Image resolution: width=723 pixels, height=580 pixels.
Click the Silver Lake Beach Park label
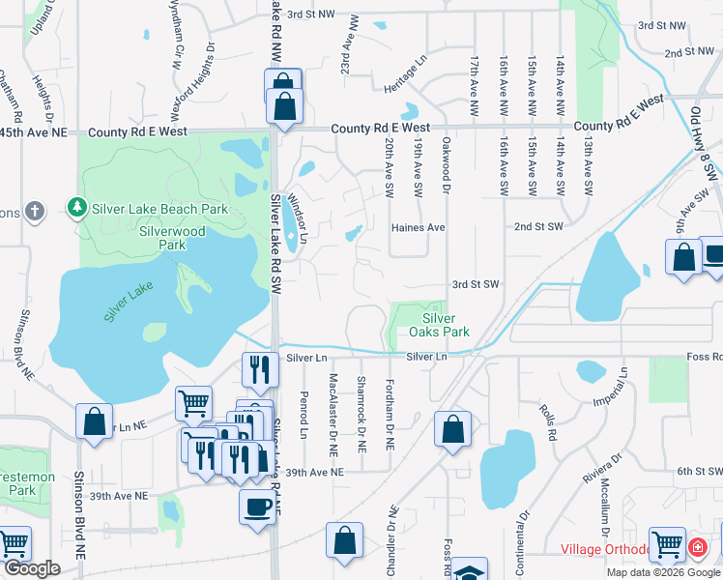pos(159,209)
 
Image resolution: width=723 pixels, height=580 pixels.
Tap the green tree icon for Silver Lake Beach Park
pos(75,208)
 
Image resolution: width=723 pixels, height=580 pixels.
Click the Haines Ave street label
pos(418,228)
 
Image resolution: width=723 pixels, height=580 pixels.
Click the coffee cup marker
pos(258,507)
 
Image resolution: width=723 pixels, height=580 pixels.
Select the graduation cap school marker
pos(469,571)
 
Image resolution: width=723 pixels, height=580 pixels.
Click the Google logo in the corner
pos(32,568)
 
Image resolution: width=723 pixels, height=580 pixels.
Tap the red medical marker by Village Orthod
pos(697,548)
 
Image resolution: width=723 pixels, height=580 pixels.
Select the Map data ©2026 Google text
pos(663,572)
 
